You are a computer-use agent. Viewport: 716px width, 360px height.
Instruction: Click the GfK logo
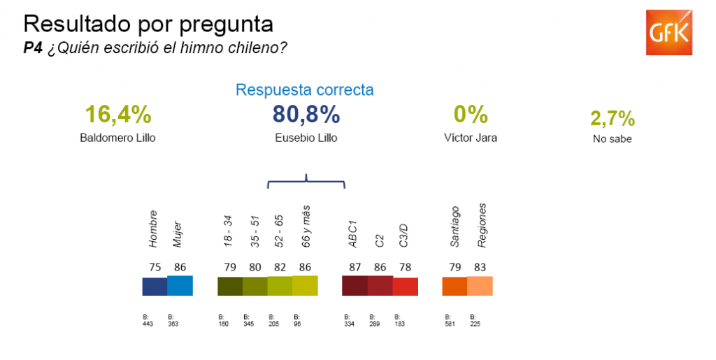[x=669, y=33]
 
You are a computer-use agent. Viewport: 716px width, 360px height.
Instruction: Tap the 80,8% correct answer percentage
[x=306, y=114]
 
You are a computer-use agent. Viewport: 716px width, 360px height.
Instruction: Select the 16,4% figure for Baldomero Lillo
[x=118, y=114]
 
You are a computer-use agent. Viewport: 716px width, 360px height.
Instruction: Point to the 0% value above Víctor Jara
[x=471, y=114]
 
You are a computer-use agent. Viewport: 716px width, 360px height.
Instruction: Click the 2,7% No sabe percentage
[x=613, y=118]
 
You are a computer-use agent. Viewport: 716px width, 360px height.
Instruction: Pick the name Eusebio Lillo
[x=306, y=138]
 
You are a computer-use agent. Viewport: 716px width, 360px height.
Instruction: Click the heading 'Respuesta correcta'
[x=304, y=90]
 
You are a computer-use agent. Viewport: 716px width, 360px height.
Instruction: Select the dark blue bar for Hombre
[x=155, y=287]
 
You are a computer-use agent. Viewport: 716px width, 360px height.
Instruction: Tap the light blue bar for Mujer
[x=180, y=285]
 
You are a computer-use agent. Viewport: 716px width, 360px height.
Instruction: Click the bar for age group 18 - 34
[x=230, y=287]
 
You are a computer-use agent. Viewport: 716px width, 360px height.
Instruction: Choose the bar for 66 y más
[x=305, y=285]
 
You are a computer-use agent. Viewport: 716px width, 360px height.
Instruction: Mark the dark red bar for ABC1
[x=355, y=285]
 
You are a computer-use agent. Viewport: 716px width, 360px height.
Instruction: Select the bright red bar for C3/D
[x=406, y=287]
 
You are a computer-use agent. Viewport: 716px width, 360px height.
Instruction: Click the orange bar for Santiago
[x=454, y=287]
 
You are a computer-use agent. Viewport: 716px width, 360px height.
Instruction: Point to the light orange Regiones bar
[x=480, y=286]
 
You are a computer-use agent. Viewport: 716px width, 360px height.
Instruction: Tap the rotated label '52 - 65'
[x=280, y=229]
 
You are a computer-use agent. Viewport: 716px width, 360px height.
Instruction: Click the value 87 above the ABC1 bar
[x=355, y=266]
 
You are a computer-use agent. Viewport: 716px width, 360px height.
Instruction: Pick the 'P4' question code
[x=33, y=48]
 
